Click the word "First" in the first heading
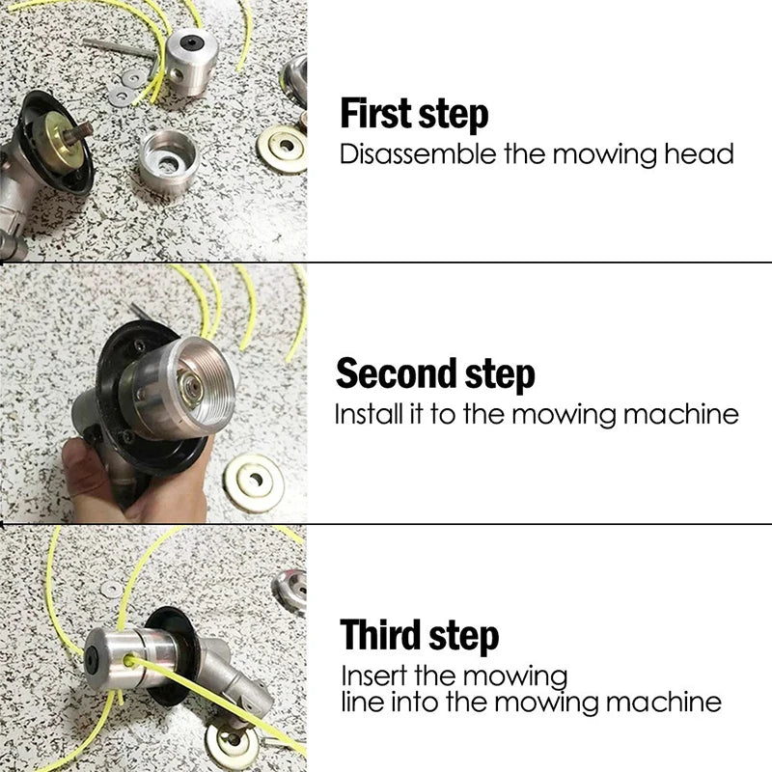tap(373, 114)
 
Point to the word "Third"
tap(383, 636)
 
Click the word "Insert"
tap(373, 675)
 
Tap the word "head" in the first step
tap(700, 154)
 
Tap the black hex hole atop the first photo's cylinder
tap(190, 43)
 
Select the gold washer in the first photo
tap(281, 149)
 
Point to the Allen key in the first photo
tap(116, 44)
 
